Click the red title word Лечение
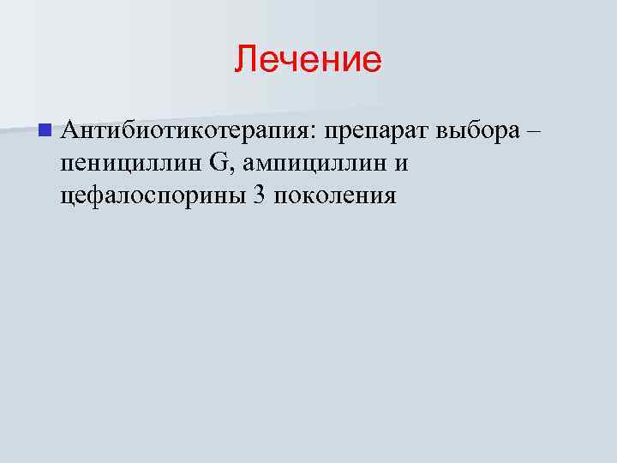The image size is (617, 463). coord(308,60)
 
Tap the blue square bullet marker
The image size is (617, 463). coord(44,131)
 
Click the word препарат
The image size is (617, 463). coord(375,131)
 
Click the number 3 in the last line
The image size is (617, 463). coord(258,195)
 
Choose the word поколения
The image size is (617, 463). coord(336,196)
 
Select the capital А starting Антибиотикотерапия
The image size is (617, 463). coord(69,130)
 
